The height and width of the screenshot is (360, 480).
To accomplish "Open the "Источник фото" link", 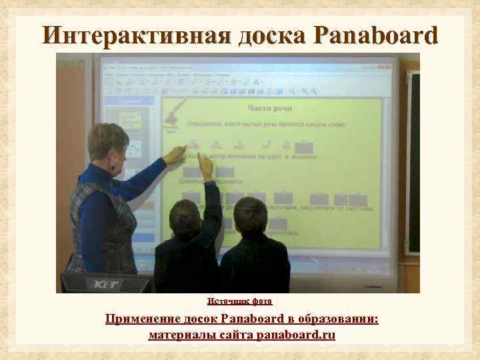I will [239, 301].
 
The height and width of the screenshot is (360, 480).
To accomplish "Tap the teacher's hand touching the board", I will [175, 155].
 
